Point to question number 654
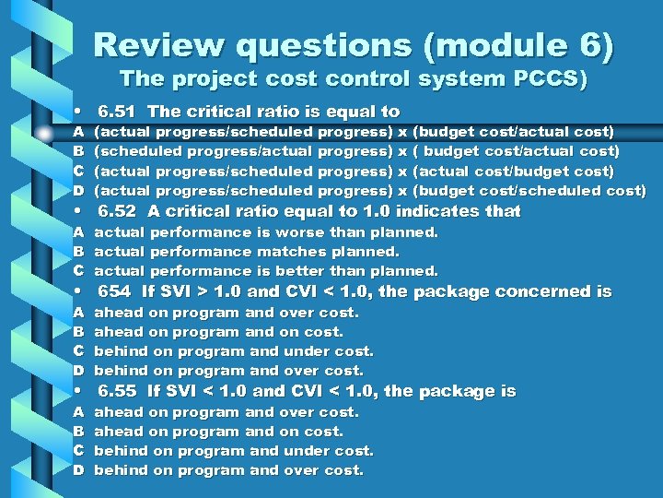point(113,291)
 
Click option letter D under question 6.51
point(79,191)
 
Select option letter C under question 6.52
point(79,271)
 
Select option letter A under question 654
point(79,313)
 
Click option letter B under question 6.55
point(79,432)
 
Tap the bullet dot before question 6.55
point(80,392)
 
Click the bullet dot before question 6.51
point(80,113)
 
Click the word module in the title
point(493,44)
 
